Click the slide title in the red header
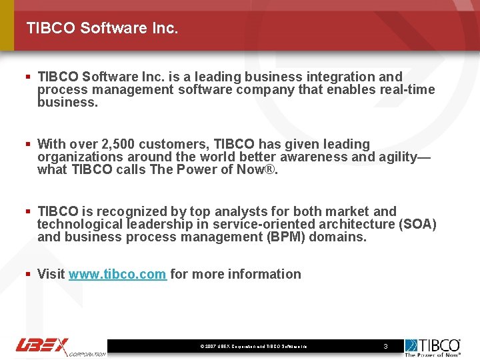[x=102, y=28]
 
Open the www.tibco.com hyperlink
[x=117, y=274]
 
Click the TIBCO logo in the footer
[x=432, y=347]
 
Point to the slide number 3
[x=385, y=347]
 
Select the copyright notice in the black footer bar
[x=253, y=347]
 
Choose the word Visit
[x=51, y=274]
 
